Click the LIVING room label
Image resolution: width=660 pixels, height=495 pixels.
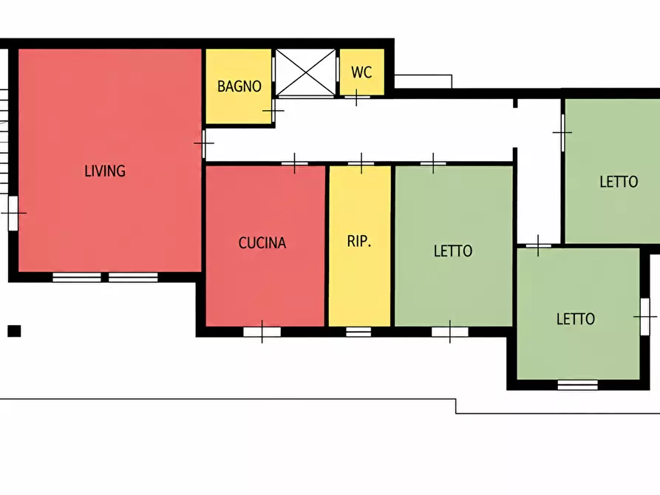coord(105,171)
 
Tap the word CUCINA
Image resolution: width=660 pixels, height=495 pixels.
coord(262,243)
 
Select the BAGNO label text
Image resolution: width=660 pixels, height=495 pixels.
coord(239,86)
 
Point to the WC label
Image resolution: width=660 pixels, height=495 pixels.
coord(361,72)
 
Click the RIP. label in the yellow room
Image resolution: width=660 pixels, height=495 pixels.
coord(359,241)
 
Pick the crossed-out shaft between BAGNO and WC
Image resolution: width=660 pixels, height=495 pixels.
coord(305,72)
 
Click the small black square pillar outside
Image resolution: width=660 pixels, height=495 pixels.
coord(14,331)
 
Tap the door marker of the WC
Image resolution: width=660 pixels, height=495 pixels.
coord(357,98)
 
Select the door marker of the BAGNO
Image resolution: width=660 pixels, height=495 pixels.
coord(273,111)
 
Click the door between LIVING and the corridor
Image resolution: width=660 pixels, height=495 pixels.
coord(204,143)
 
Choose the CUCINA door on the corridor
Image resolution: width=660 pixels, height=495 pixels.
coord(295,163)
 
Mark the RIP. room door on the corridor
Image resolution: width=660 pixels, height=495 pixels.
coord(361,163)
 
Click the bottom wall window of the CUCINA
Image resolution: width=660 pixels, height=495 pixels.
coord(262,332)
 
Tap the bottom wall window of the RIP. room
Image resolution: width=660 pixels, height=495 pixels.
coord(358,332)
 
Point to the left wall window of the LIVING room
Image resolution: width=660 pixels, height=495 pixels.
coord(13,213)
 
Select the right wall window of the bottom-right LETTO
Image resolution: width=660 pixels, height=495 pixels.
coord(644,316)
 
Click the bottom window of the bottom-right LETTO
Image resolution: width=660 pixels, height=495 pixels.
coord(577,385)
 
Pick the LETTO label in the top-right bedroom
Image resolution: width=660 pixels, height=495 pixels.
coord(619,182)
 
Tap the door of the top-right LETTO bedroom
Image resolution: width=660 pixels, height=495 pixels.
coord(562,132)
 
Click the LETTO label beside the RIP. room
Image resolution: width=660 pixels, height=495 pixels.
coord(453,251)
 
